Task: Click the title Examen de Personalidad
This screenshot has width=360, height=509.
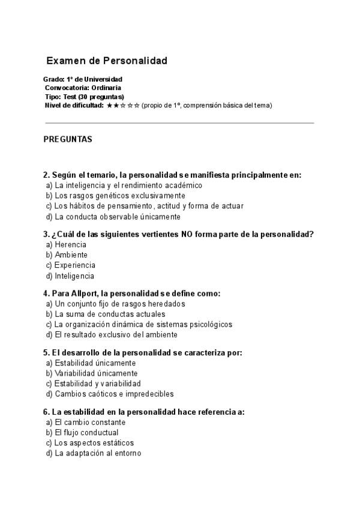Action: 107,61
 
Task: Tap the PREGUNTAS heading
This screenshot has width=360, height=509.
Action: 68,139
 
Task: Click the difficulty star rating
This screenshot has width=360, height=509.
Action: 123,105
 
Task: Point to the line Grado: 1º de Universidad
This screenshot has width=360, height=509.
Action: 83,79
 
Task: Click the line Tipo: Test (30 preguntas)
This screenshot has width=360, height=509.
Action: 84,97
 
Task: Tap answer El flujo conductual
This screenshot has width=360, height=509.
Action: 86,432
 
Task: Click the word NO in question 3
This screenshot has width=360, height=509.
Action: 187,234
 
